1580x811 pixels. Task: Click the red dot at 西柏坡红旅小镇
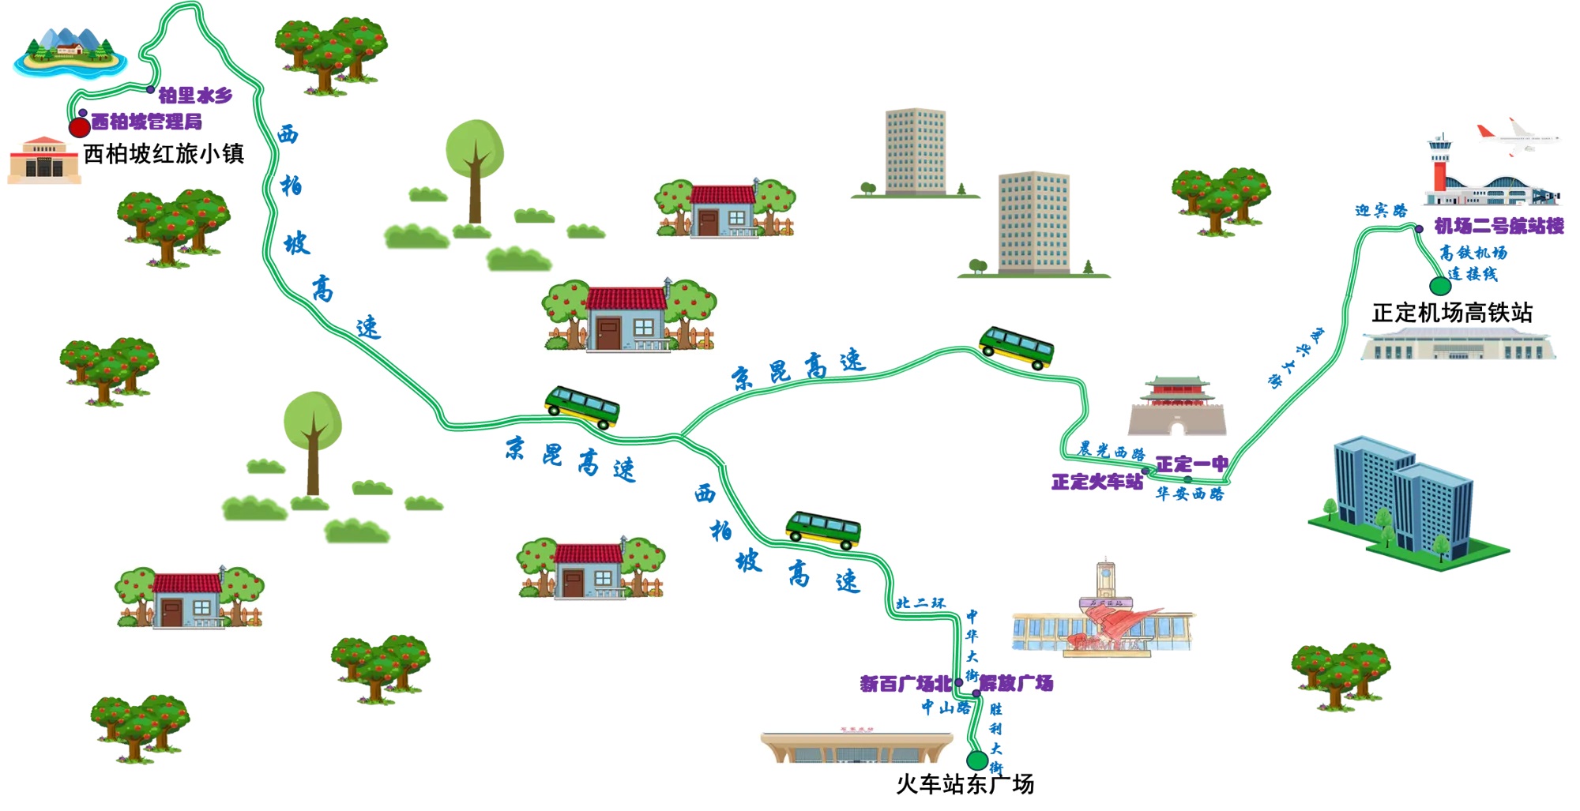(x=79, y=126)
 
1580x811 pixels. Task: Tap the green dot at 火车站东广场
(x=977, y=760)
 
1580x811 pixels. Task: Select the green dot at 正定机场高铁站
(x=1440, y=286)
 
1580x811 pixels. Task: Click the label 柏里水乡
(x=195, y=96)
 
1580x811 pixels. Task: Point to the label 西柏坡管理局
(x=146, y=122)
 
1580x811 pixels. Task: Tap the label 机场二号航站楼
(x=1499, y=227)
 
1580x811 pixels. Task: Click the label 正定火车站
(x=1097, y=482)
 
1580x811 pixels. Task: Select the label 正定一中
(x=1191, y=464)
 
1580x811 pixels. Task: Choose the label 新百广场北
(x=905, y=684)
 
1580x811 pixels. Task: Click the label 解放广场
(x=1017, y=683)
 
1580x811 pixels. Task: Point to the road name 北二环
(x=920, y=603)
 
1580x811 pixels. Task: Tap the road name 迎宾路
(x=1381, y=211)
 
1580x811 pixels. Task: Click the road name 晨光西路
(x=1112, y=451)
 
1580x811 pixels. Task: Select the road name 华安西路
(x=1189, y=494)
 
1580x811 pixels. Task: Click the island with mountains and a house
(x=70, y=54)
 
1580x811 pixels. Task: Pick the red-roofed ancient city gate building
(x=1177, y=406)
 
